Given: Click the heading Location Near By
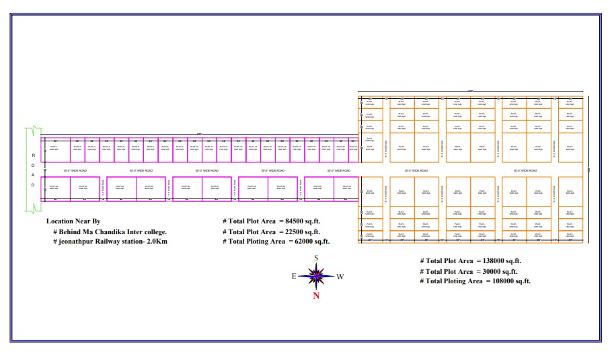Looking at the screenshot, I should coord(73,221).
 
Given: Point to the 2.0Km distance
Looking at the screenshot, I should coord(156,241).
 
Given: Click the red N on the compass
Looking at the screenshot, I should coord(316,294).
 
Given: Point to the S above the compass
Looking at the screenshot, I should coord(316,258).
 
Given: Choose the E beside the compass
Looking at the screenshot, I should coord(294,276).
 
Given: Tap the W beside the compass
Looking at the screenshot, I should coord(340,276).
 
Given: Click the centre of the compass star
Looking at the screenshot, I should coord(317,275).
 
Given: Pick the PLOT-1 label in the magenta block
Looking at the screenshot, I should coord(54,147).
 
